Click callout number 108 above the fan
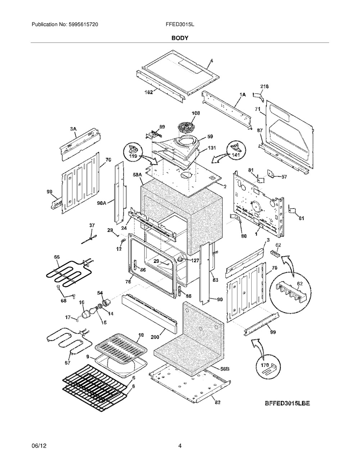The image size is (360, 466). pos(195,113)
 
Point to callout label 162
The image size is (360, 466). pos(149,92)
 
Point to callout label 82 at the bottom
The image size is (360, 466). pos(218,402)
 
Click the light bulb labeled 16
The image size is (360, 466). pos(86,314)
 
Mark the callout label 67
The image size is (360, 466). pos(68,363)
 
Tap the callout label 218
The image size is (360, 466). pos(264,86)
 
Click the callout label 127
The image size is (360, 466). pos(194,260)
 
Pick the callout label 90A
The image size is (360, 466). pos(102,202)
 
